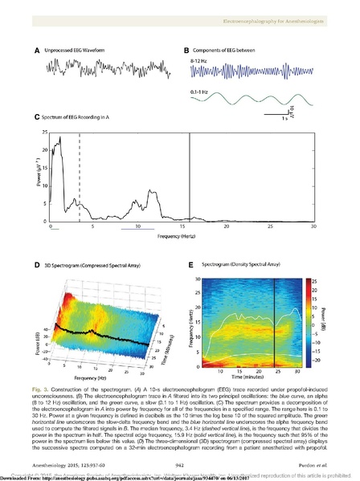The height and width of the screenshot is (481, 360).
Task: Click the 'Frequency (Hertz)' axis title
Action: coord(179,238)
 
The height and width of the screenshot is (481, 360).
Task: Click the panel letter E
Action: coord(190,266)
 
